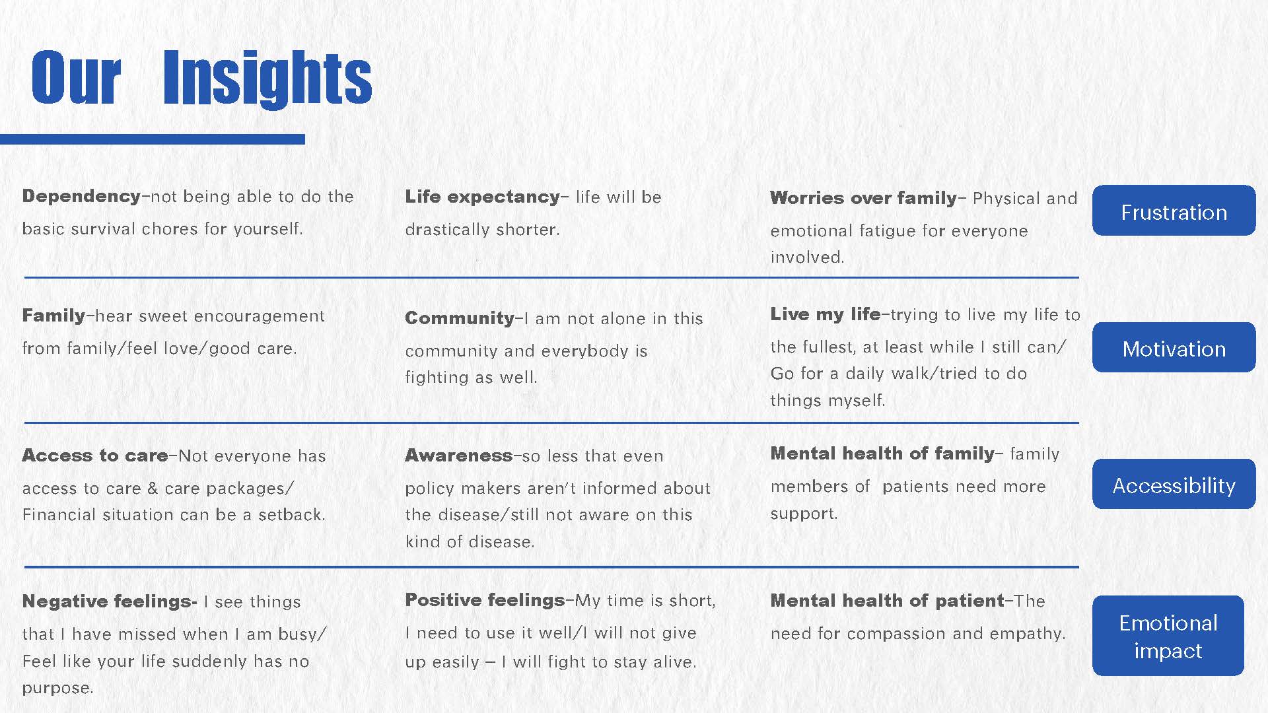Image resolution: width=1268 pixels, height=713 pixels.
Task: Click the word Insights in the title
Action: click(x=267, y=78)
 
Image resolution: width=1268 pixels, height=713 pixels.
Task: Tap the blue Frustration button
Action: click(x=1174, y=211)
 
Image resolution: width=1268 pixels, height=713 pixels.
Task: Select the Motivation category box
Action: click(x=1174, y=347)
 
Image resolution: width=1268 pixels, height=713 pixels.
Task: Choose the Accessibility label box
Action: click(x=1174, y=484)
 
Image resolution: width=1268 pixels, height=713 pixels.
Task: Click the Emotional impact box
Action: click(x=1168, y=636)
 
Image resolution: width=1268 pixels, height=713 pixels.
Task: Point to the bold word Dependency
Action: click(x=81, y=197)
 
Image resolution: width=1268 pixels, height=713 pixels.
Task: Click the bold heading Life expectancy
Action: click(x=482, y=197)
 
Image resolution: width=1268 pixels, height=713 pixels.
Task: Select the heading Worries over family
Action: click(x=863, y=198)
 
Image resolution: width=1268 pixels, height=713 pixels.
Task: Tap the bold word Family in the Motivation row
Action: click(x=53, y=316)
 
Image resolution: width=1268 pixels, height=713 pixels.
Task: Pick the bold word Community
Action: click(x=459, y=318)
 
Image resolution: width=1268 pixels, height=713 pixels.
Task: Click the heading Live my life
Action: click(x=825, y=315)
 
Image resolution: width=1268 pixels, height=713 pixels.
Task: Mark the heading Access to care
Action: click(x=95, y=456)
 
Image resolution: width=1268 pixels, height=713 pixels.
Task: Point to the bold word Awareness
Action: click(x=458, y=456)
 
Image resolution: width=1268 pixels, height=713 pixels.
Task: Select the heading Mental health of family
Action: click(x=882, y=454)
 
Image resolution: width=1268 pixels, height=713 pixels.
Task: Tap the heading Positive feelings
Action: click(x=485, y=600)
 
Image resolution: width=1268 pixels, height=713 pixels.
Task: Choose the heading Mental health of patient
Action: click(x=888, y=601)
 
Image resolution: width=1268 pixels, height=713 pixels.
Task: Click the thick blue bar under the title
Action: click(x=153, y=139)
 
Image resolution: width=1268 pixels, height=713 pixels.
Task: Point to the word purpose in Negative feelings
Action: click(x=57, y=689)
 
